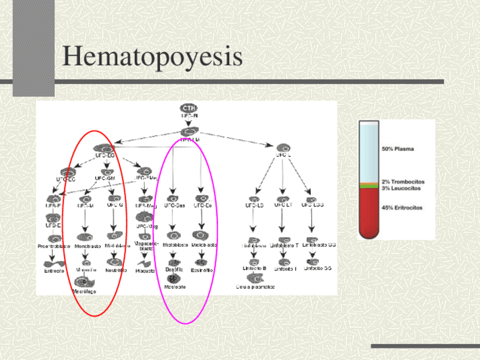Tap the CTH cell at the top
[189, 107]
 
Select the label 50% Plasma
[397, 149]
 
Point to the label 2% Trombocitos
[402, 182]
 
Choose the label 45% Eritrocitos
[401, 208]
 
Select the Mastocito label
[175, 287]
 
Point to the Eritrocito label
[54, 271]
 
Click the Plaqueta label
[145, 271]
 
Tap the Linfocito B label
[255, 268]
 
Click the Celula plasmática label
[255, 287]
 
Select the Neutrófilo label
[115, 271]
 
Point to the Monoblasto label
[87, 246]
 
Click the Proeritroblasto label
[54, 246]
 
